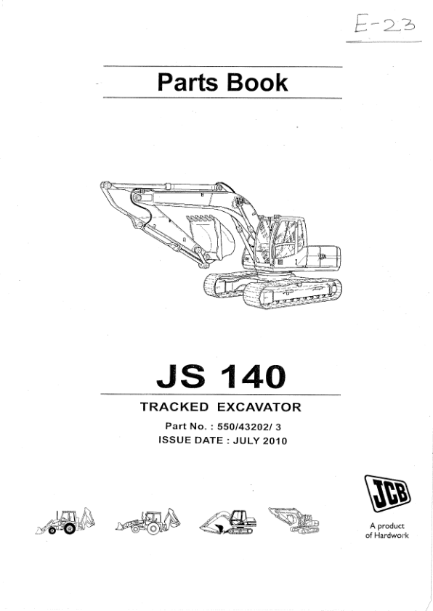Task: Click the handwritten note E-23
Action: coord(384,24)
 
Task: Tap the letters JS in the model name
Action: coord(181,377)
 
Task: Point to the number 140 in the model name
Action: coord(253,377)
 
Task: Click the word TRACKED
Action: coord(174,407)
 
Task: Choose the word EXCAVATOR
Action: coord(259,407)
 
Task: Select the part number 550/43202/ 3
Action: coord(249,427)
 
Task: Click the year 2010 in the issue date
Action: coord(275,440)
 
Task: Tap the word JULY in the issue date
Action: coord(246,440)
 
